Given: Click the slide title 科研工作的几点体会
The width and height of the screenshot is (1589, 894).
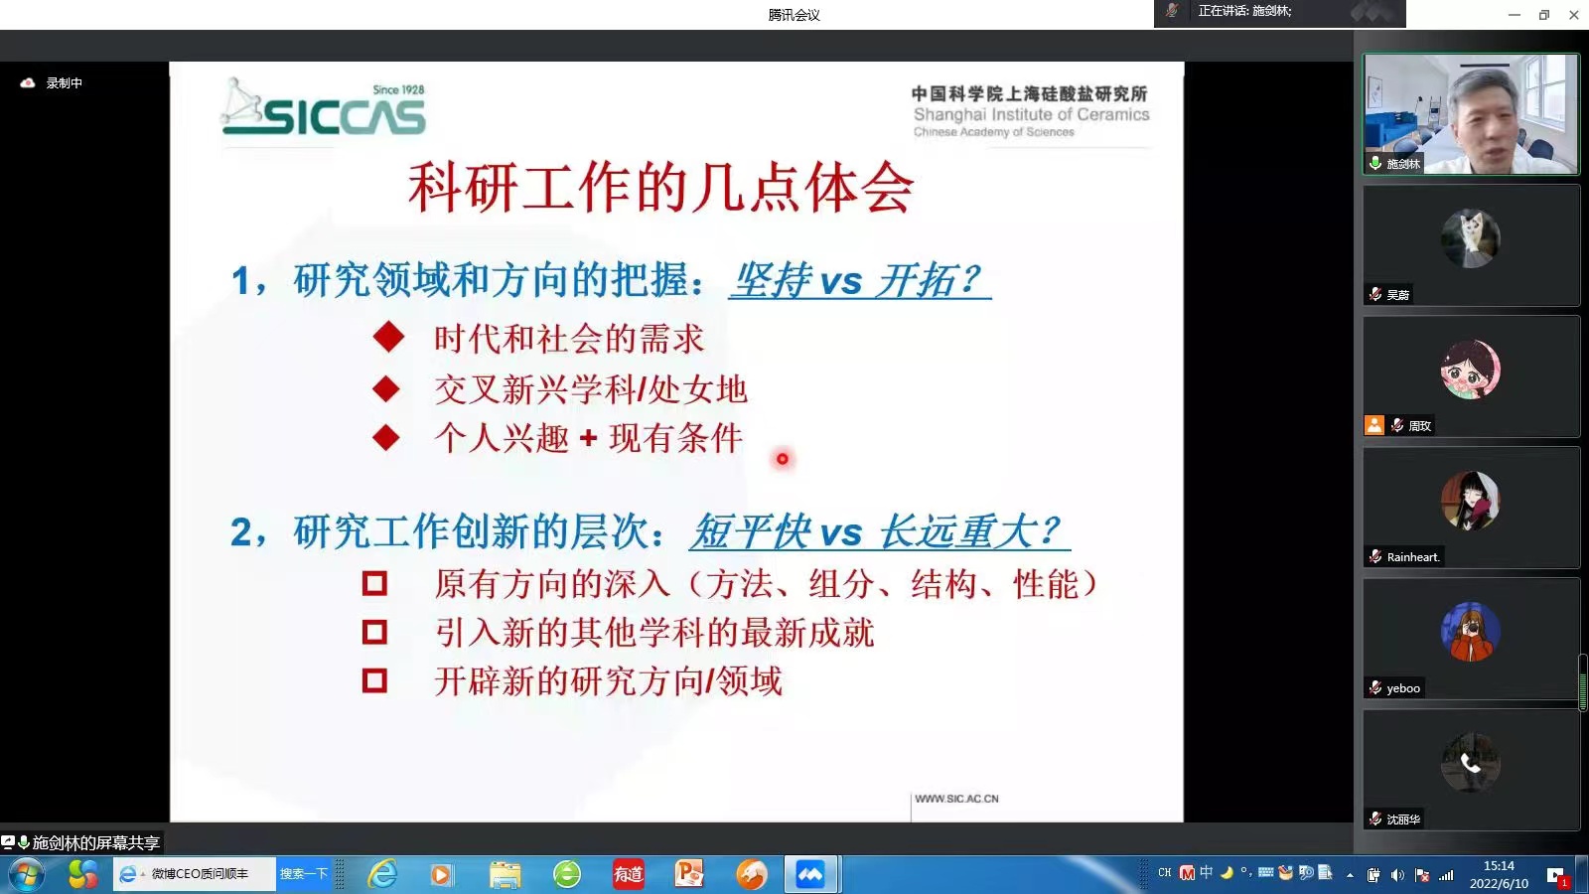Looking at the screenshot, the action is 661,188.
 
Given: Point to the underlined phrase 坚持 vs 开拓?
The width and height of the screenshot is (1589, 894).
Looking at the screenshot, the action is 859,279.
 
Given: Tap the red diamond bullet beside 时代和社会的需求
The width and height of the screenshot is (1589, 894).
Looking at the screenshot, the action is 388,337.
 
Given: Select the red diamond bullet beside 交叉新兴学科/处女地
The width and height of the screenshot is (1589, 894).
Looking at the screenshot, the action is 386,388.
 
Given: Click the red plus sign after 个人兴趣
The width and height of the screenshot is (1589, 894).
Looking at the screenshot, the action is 588,438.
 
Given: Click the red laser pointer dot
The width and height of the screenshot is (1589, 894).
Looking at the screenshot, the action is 783,459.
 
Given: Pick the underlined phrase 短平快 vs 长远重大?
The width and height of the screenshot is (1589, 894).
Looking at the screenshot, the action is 880,531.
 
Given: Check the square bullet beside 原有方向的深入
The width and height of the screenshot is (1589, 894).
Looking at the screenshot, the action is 374,584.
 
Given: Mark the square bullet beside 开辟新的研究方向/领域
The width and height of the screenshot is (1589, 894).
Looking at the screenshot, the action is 374,680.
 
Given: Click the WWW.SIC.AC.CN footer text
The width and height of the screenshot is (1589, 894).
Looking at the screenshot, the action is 956,799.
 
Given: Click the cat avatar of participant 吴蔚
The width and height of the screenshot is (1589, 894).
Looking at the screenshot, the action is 1470,238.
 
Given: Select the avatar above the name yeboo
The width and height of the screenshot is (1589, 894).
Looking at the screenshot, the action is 1470,632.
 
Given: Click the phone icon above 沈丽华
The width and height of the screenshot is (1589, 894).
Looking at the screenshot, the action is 1470,763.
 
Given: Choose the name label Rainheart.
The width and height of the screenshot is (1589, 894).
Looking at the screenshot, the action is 1413,557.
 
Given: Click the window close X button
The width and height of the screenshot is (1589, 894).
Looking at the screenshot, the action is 1573,14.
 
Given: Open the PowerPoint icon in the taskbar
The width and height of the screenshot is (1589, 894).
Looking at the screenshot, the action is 689,873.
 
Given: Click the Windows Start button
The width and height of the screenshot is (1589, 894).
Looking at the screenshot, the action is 27,875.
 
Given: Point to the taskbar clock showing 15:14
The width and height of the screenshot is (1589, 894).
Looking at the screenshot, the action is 1499,865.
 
